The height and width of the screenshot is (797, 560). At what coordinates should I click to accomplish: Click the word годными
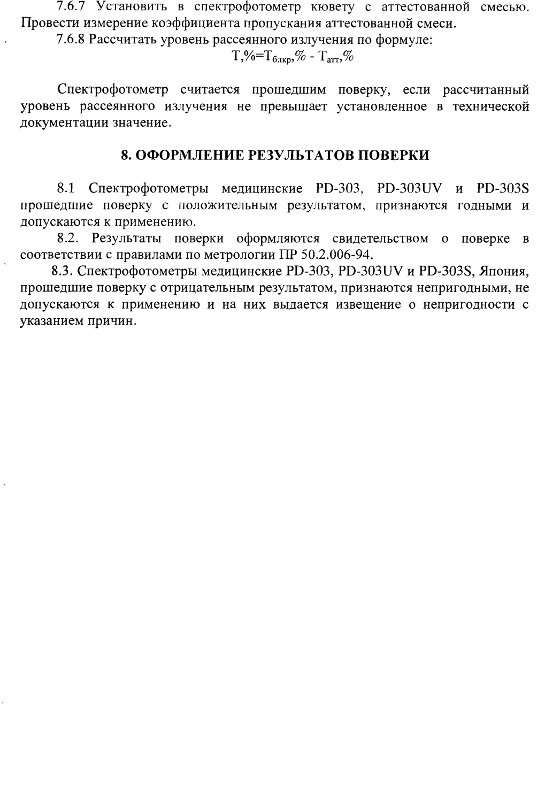[485, 205]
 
